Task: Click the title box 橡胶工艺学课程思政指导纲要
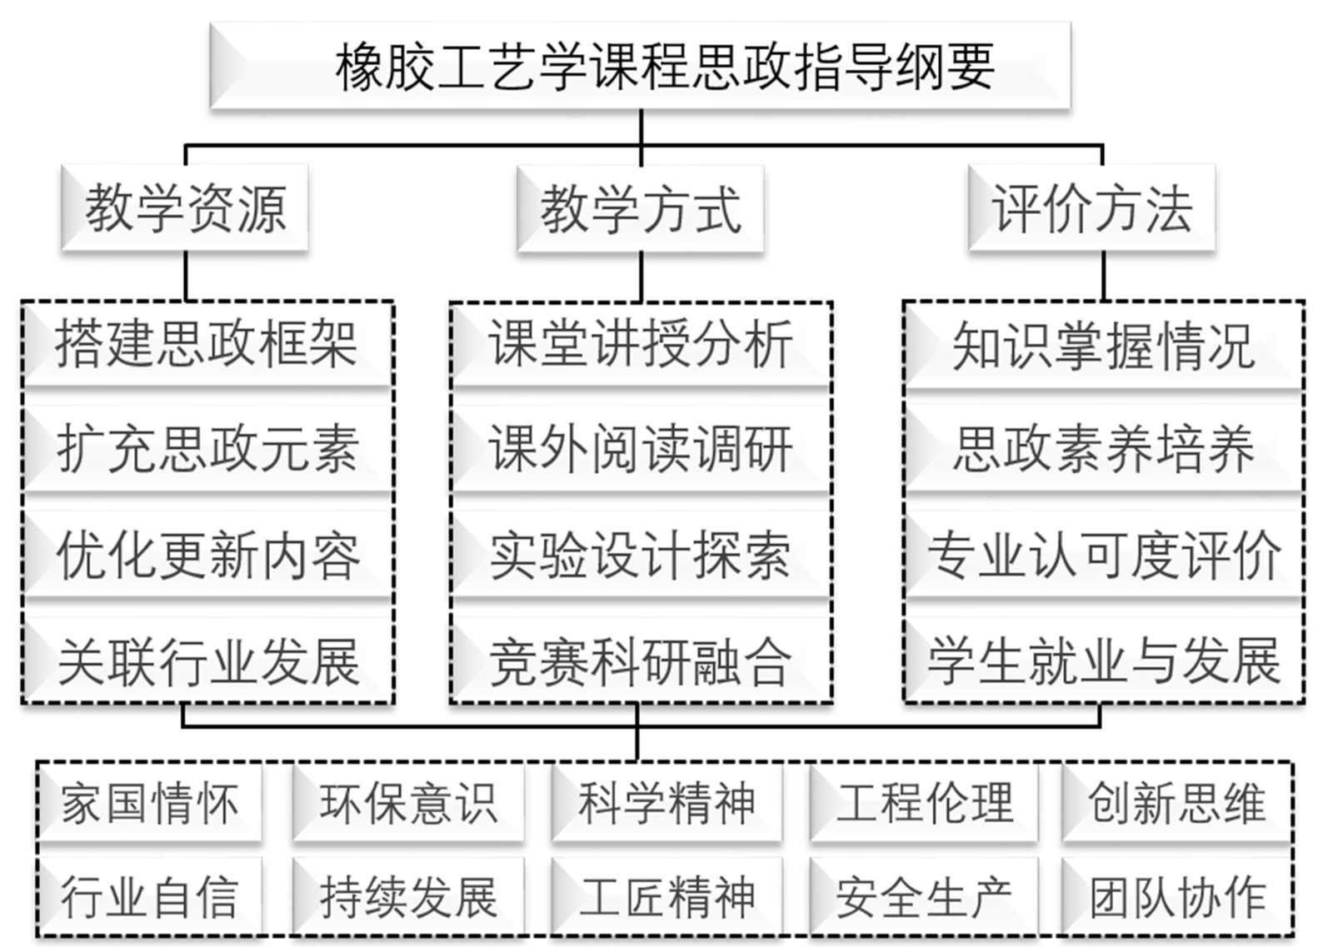click(640, 67)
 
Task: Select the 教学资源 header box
click(185, 208)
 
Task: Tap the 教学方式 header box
click(640, 209)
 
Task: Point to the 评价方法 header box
click(1091, 208)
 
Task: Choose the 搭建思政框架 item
click(207, 343)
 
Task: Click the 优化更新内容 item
click(207, 556)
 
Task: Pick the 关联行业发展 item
click(207, 662)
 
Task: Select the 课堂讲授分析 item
click(640, 343)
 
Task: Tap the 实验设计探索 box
click(640, 556)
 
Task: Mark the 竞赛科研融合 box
click(640, 662)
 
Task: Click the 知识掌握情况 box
click(1103, 345)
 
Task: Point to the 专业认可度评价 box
click(1103, 556)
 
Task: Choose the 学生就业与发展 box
click(1103, 662)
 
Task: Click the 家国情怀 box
click(150, 804)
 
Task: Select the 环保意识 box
click(408, 804)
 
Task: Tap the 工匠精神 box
click(666, 897)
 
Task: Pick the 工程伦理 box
click(925, 804)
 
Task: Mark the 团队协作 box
click(1176, 897)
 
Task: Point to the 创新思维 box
click(1176, 804)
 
